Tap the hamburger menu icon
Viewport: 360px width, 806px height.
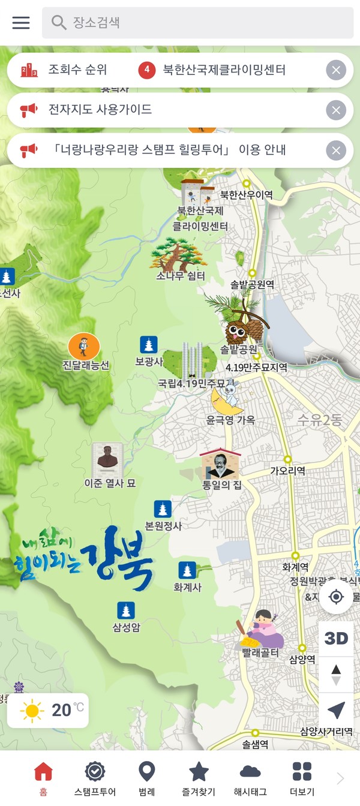(21, 23)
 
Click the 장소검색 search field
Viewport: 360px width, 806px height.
(198, 23)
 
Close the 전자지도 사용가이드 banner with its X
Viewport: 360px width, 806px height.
(336, 110)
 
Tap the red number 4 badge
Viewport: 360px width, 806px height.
(147, 70)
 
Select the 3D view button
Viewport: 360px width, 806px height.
(336, 638)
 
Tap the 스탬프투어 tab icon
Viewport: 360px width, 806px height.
(95, 771)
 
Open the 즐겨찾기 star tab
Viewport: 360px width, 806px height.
(199, 771)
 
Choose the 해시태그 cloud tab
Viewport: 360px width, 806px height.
(250, 771)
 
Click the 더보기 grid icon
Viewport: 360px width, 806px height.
(302, 771)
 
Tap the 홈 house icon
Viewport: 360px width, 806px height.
(43, 771)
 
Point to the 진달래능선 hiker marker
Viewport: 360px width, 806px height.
(84, 347)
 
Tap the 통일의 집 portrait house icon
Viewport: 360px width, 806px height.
(220, 464)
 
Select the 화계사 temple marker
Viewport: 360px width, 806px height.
(187, 570)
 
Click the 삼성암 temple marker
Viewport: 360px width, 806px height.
(126, 610)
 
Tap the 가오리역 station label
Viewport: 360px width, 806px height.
(287, 471)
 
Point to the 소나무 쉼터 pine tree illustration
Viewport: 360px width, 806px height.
(179, 255)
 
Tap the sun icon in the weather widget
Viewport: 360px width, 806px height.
(32, 711)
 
